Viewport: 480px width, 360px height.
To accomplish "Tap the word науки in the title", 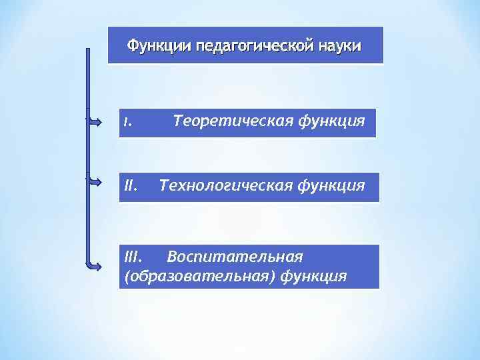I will (x=340, y=46).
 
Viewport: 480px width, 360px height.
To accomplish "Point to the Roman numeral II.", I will (x=131, y=185).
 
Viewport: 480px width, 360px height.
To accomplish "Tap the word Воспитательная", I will (x=235, y=257).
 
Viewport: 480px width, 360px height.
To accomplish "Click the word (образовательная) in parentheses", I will (x=199, y=275).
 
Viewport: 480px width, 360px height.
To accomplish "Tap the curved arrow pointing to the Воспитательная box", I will (x=93, y=264).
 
